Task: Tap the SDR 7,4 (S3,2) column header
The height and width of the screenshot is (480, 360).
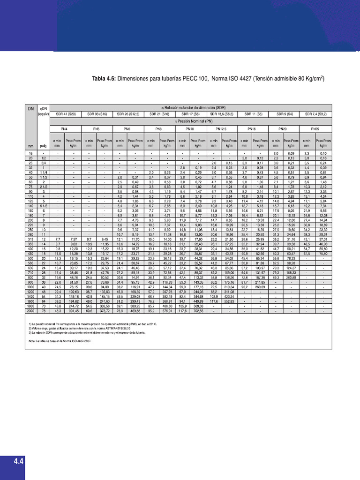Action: pyautogui.click(x=316, y=114)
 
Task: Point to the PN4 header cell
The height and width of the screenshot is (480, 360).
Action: pyautogui.click(x=64, y=128)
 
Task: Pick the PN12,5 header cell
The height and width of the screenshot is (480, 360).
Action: pyautogui.click(x=221, y=128)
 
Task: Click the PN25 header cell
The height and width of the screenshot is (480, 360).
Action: pyautogui.click(x=316, y=128)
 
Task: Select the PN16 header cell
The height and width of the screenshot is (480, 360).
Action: pyautogui.click(x=252, y=128)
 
